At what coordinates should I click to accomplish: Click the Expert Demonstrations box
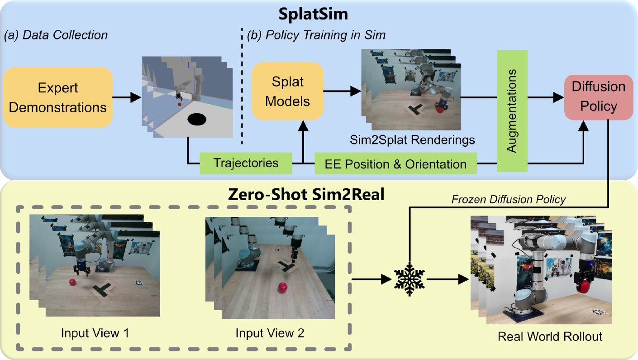[x=58, y=97]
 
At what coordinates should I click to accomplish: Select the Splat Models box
[x=287, y=91]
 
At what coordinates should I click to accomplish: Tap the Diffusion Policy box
[x=598, y=96]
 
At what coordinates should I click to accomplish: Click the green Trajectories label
[x=246, y=163]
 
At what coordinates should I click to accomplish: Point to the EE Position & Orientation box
[x=395, y=163]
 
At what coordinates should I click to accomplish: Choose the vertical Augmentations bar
[x=512, y=111]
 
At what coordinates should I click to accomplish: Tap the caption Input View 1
[x=95, y=333]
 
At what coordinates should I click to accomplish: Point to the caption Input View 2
[x=270, y=333]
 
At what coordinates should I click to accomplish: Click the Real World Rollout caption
[x=550, y=336]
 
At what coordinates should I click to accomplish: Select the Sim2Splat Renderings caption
[x=412, y=140]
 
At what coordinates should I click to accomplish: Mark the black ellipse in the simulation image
[x=197, y=119]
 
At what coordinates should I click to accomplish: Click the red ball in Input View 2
[x=283, y=287]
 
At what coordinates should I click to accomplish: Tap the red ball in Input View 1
[x=72, y=283]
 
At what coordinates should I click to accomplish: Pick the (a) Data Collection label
[x=56, y=35]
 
